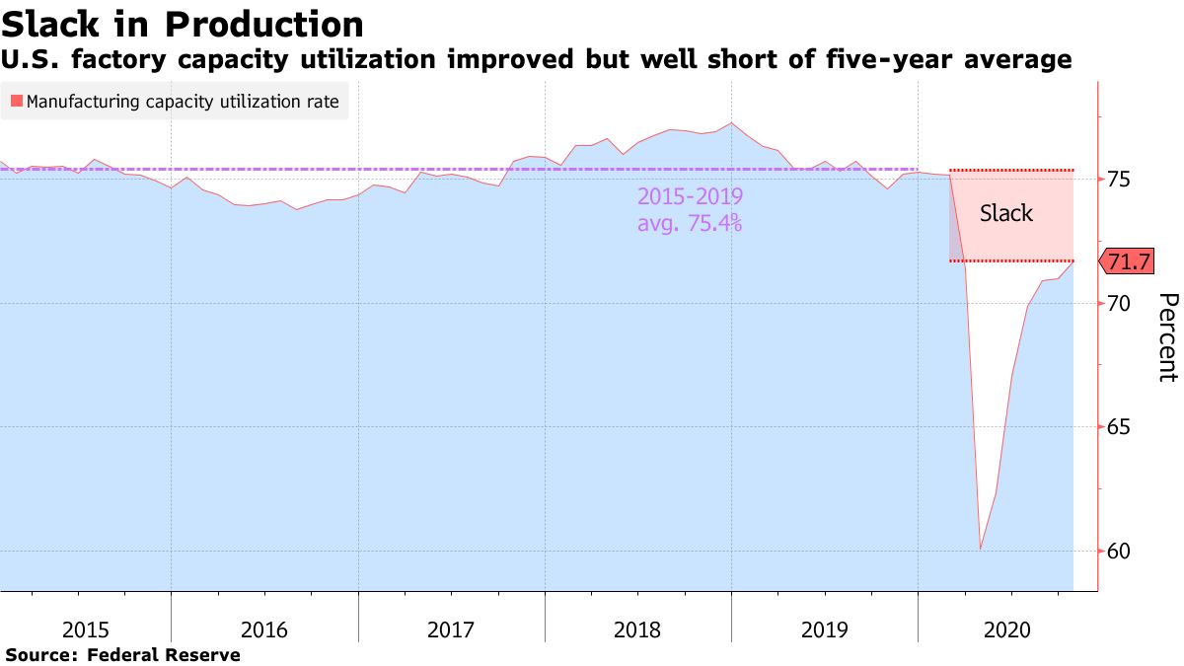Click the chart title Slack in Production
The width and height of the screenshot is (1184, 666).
[183, 24]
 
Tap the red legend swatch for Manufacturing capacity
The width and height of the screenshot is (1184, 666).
[17, 101]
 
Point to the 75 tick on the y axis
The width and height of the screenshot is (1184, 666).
[1119, 180]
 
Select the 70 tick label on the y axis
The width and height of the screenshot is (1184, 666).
[1119, 303]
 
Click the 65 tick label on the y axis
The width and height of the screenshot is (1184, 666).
[1119, 427]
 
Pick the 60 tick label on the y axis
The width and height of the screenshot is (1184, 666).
[1119, 551]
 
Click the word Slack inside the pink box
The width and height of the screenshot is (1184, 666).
[1006, 213]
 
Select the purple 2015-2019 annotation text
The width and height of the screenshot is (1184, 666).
[691, 196]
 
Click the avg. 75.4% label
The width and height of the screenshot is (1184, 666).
[691, 223]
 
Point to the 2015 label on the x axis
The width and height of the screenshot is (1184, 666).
[87, 629]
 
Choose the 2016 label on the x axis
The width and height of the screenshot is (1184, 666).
[264, 629]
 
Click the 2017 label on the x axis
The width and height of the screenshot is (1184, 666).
[451, 629]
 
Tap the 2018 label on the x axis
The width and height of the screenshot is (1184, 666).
[637, 629]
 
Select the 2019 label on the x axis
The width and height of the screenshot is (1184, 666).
[824, 629]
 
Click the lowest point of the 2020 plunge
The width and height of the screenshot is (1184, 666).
[980, 549]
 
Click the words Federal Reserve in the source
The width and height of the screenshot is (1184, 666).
[164, 654]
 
